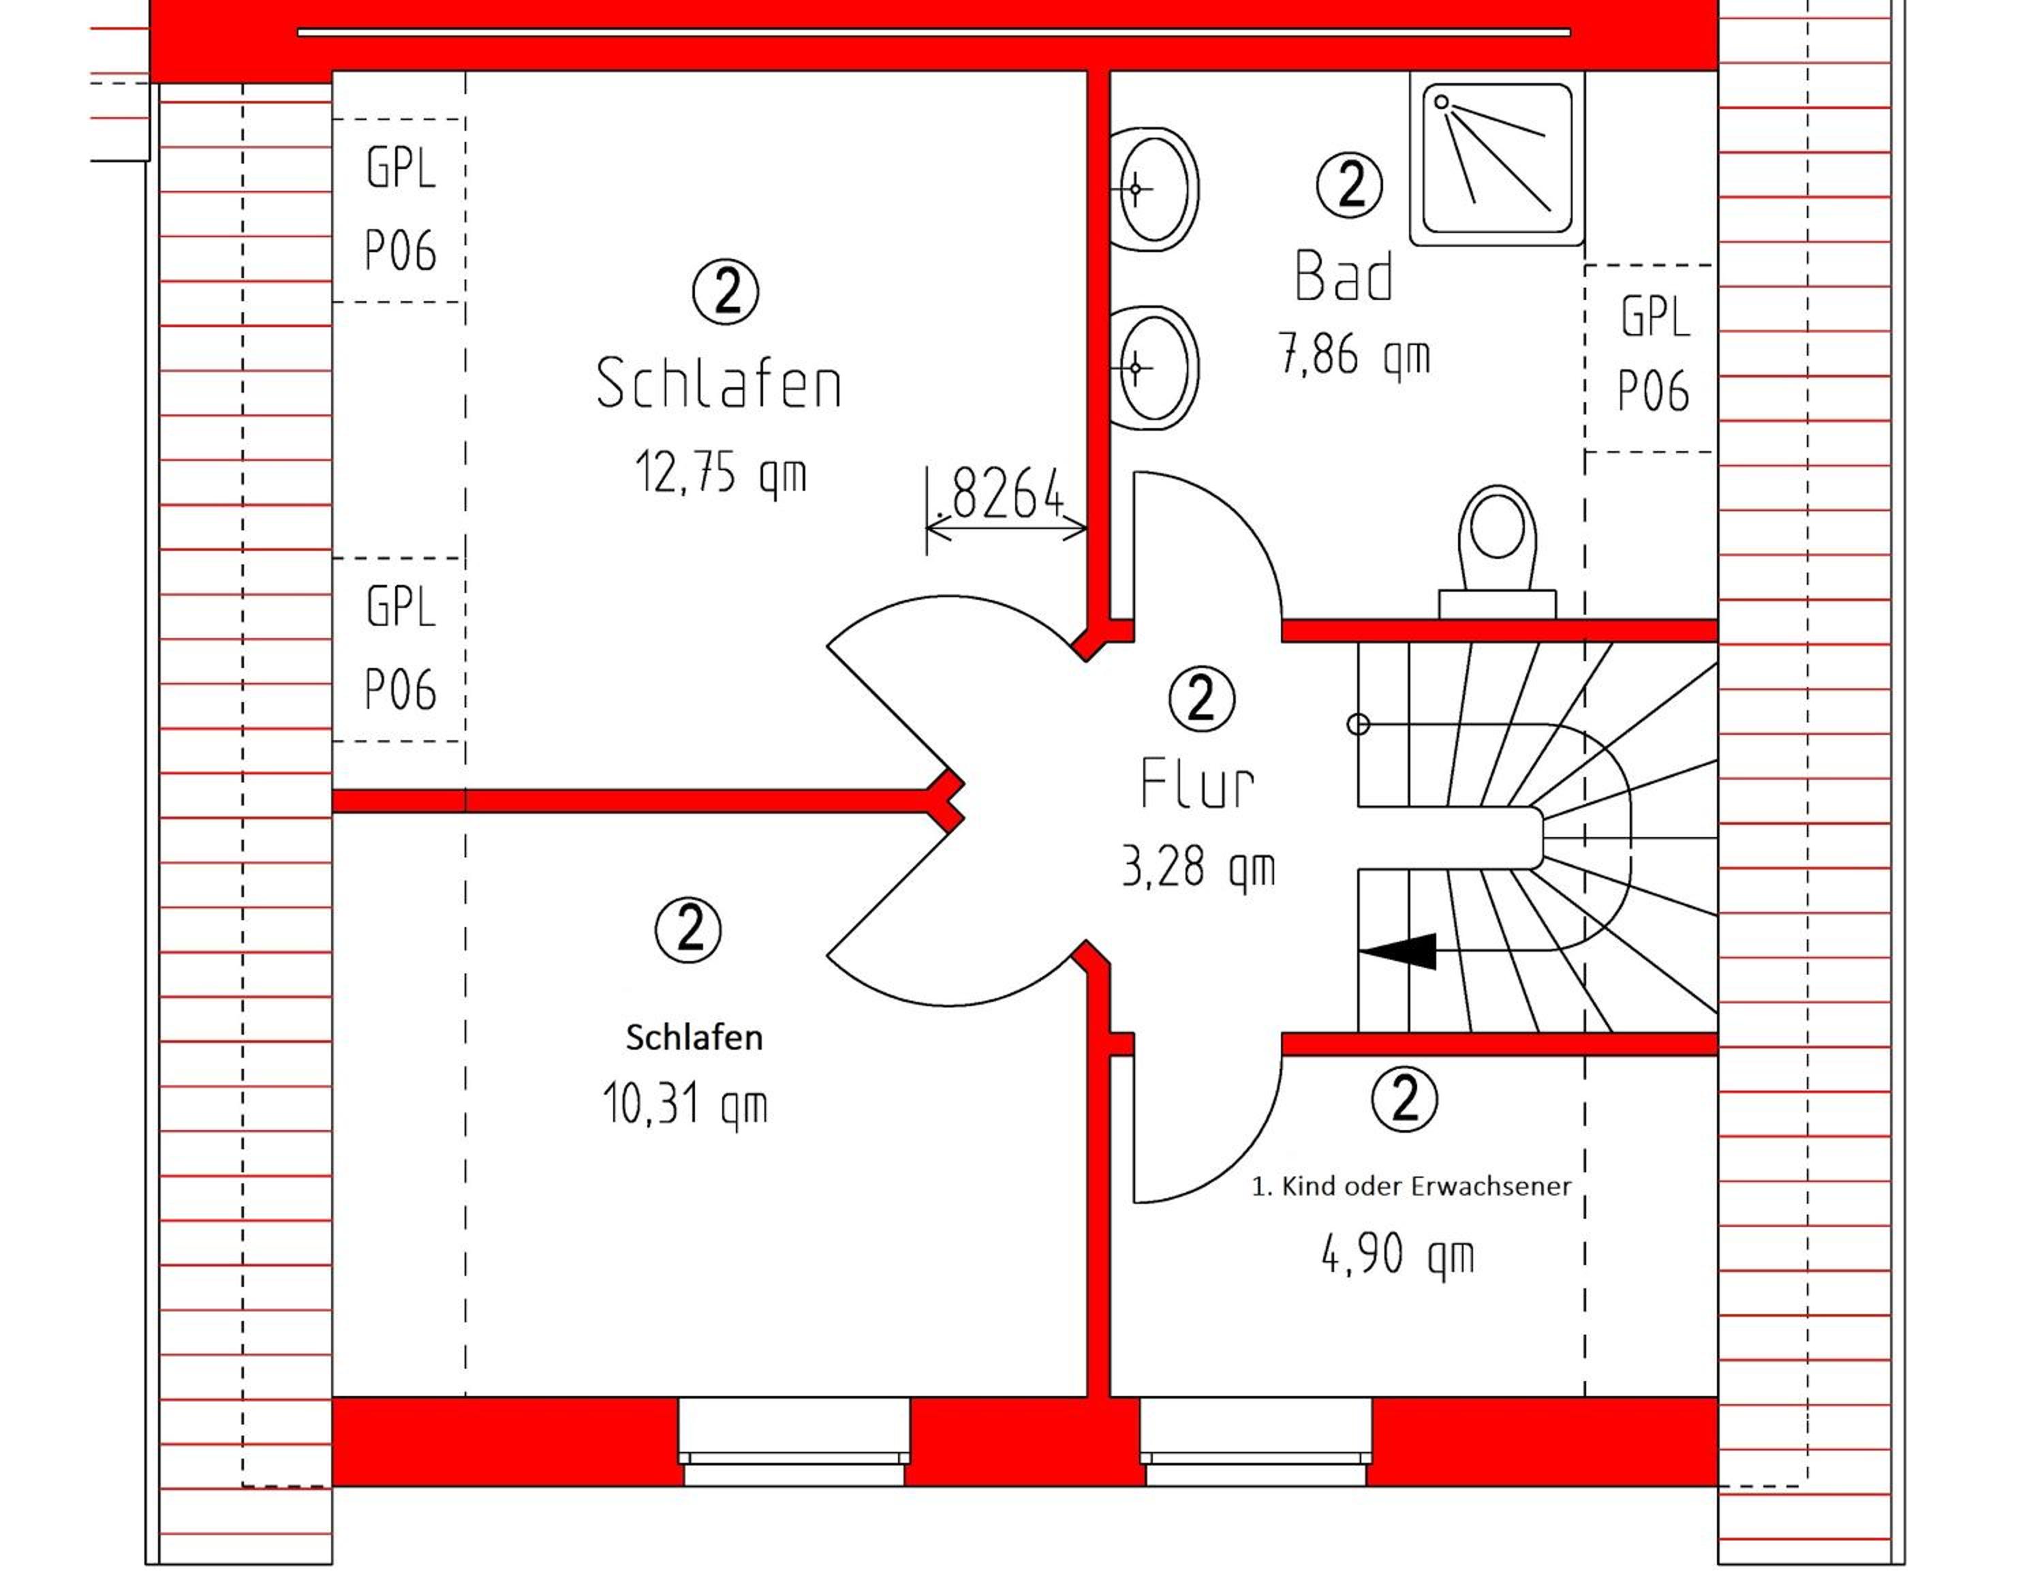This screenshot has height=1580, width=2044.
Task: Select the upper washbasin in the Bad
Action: pos(1154,189)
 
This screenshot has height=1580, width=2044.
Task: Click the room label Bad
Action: pos(1344,276)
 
